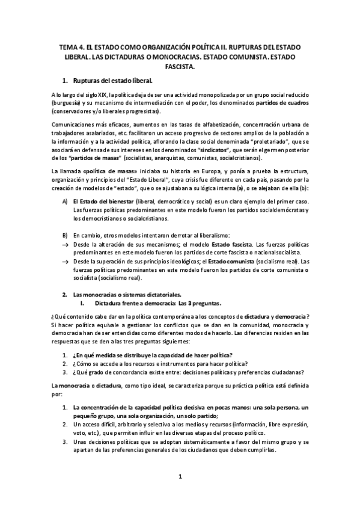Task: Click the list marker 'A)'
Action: [x=66, y=200]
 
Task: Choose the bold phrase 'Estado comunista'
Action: [x=236, y=262]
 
